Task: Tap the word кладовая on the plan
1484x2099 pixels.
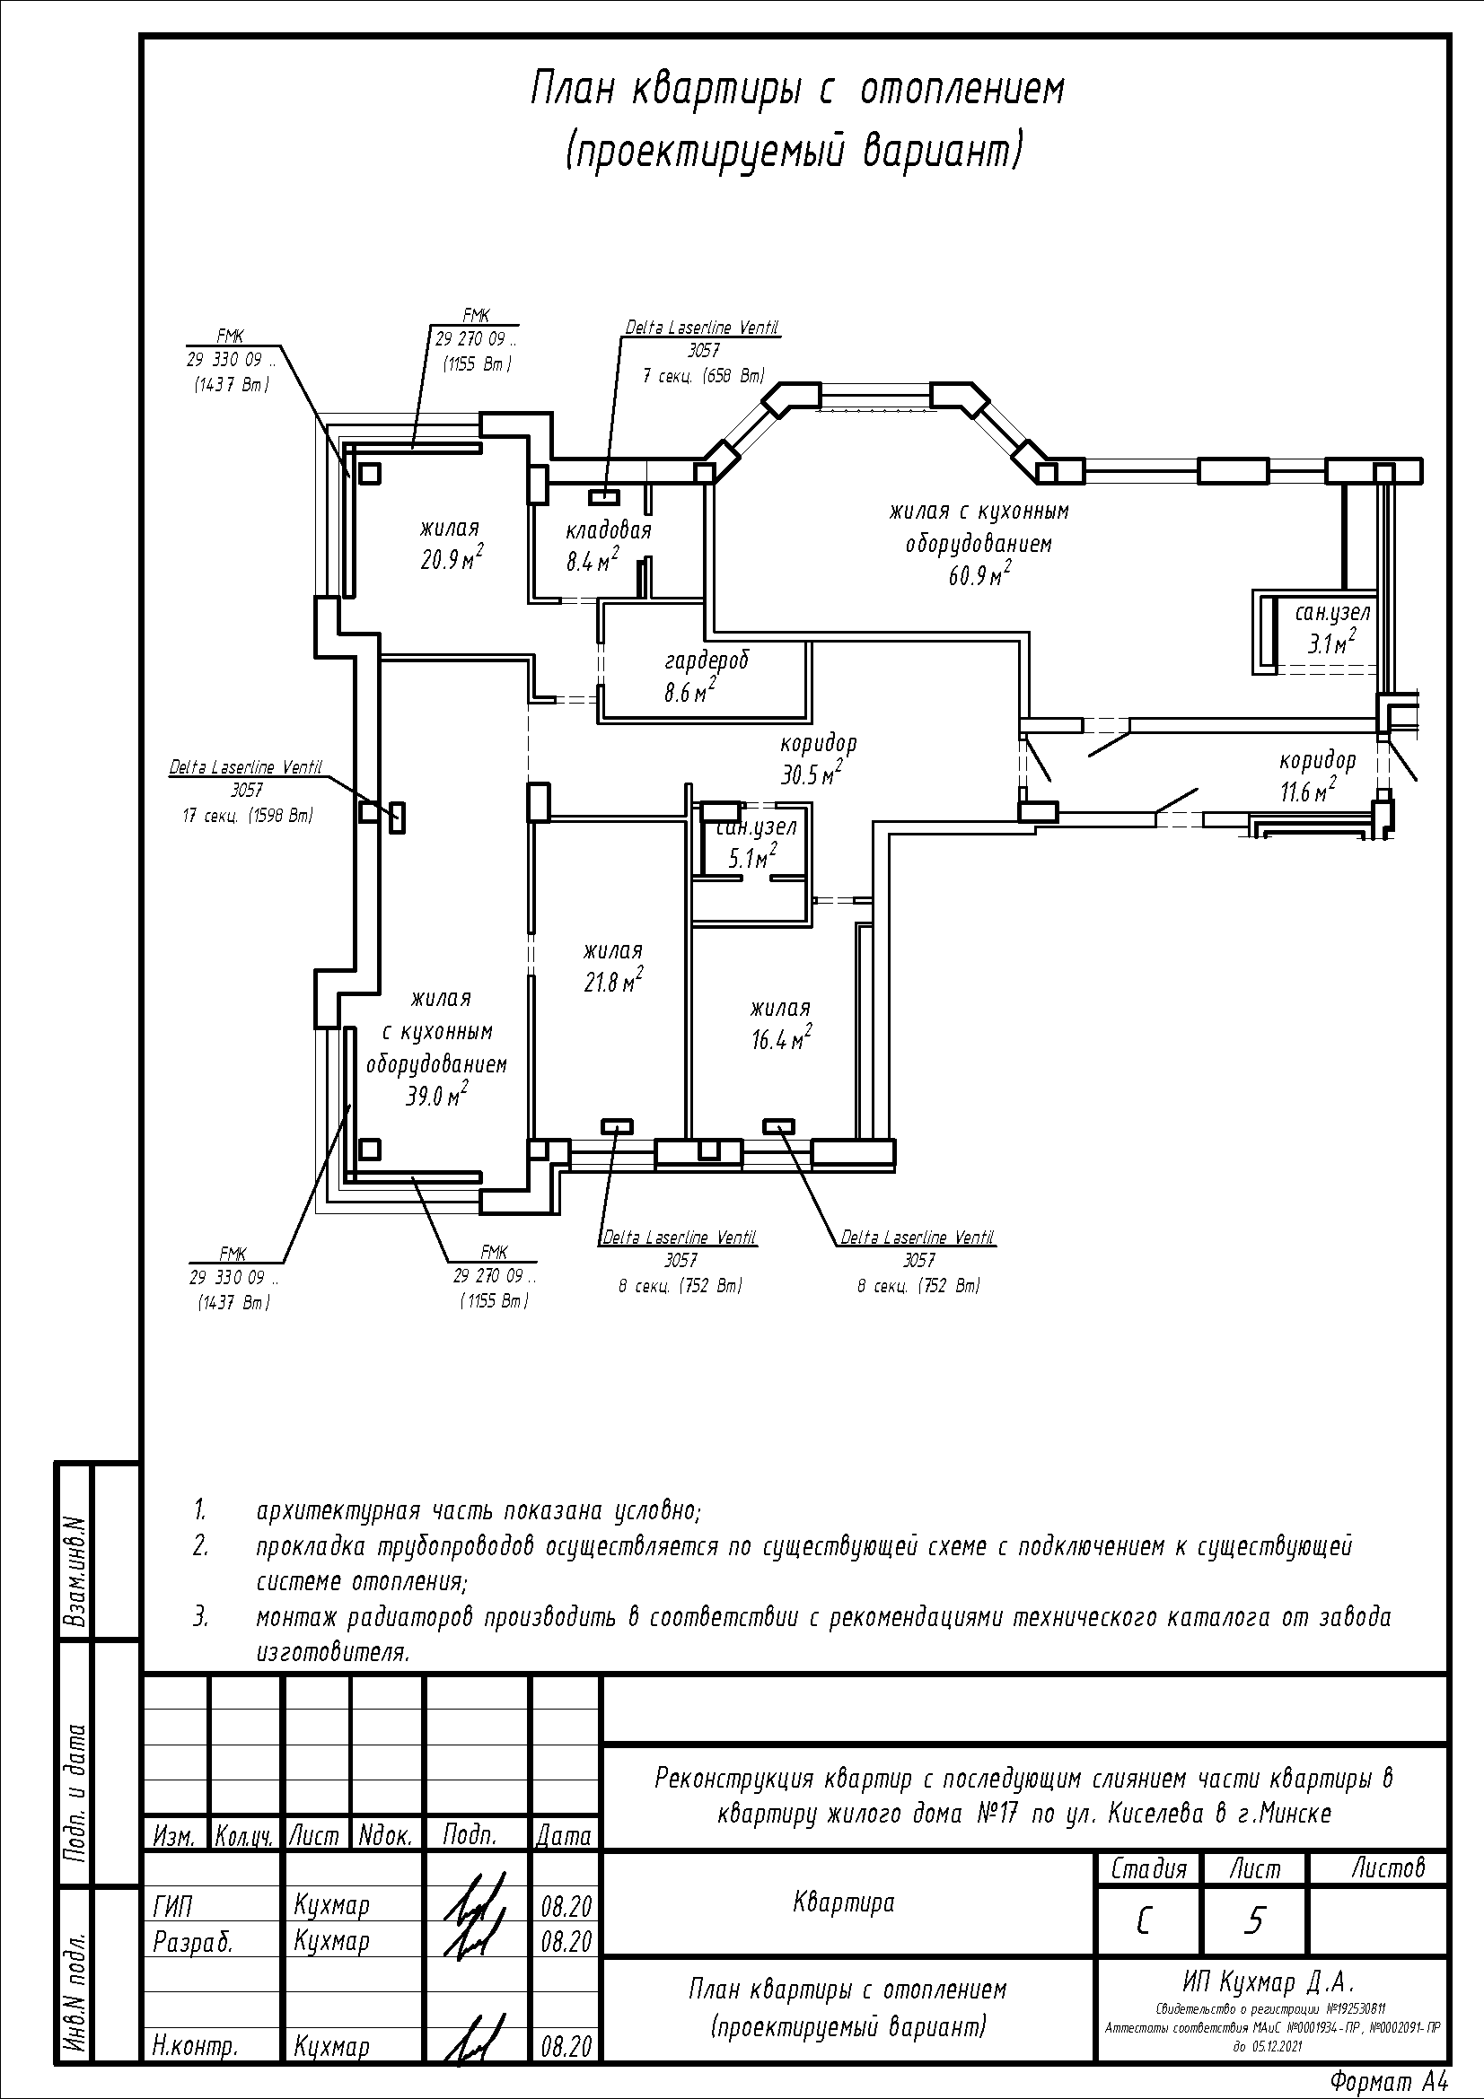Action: click(608, 530)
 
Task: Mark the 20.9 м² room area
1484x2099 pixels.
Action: click(451, 559)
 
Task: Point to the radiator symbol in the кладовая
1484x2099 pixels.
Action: click(604, 496)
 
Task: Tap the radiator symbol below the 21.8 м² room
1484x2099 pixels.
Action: click(616, 1126)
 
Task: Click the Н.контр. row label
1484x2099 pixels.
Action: click(196, 2047)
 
